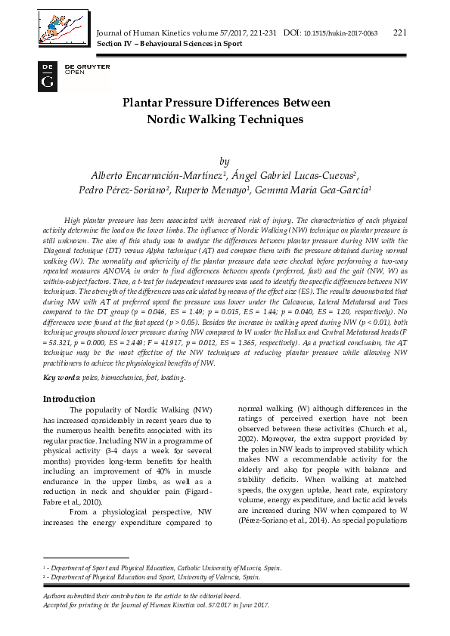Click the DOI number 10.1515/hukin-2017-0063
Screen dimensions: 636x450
pos(340,33)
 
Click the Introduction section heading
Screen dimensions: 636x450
pos(69,398)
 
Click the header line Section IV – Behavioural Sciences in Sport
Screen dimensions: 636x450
pos(170,44)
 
